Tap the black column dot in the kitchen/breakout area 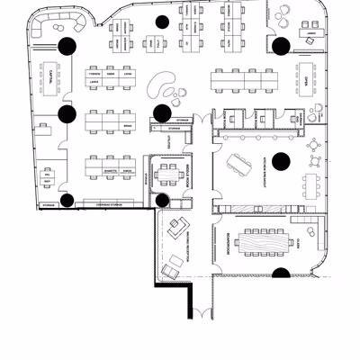tap(281, 161)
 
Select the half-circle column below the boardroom tap(281, 272)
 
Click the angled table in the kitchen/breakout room tap(241, 163)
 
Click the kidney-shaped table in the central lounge tap(161, 85)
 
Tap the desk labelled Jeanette tap(112, 168)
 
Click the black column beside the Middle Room tap(162, 200)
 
